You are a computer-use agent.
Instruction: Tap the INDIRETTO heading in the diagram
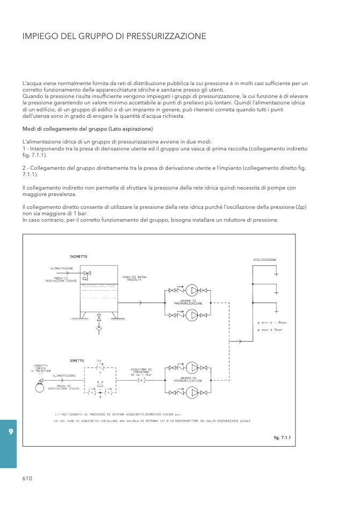[x=79, y=256]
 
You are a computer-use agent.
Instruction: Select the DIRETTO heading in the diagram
[x=77, y=360]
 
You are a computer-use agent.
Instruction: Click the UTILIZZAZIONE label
[x=265, y=260]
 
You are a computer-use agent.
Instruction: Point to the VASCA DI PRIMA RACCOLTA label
[x=134, y=278]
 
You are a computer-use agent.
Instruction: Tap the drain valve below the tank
[x=98, y=319]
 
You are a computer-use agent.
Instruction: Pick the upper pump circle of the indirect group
[x=192, y=290]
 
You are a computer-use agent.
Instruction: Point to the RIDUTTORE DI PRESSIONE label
[x=142, y=372]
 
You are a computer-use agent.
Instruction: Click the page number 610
[x=28, y=479]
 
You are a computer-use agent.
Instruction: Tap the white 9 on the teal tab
[x=11, y=431]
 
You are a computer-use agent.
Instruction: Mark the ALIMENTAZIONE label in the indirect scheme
[x=62, y=268]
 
